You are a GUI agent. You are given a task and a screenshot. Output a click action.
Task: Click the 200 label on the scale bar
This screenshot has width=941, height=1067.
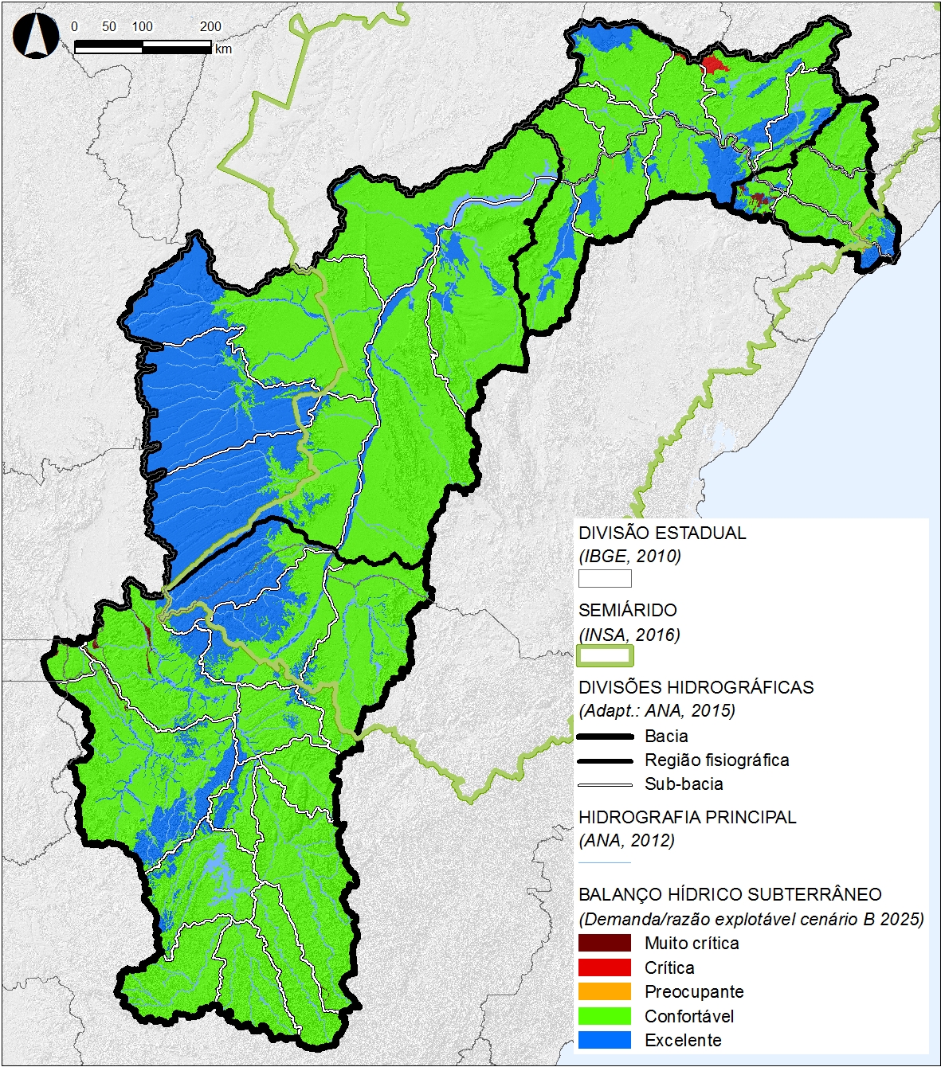[x=210, y=26]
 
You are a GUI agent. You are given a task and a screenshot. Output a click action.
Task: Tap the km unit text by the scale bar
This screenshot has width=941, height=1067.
[x=223, y=49]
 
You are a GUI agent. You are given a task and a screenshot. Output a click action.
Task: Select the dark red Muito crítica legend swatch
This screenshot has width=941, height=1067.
[x=604, y=944]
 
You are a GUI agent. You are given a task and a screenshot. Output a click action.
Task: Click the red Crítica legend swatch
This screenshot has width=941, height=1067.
[x=604, y=967]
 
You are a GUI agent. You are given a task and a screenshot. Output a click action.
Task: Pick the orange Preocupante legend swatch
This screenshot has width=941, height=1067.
[x=604, y=992]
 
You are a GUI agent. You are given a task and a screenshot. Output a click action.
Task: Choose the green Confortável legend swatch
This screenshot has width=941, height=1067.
[x=604, y=1016]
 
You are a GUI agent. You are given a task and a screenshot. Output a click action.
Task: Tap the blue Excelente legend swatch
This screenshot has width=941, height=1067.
[x=604, y=1040]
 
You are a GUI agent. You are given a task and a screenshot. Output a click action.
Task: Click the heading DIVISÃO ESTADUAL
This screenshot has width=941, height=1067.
[x=662, y=533]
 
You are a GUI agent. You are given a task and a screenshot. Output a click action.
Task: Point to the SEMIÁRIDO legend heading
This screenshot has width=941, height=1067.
[x=628, y=611]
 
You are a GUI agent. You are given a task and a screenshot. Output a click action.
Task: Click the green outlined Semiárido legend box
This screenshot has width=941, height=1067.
[x=605, y=656]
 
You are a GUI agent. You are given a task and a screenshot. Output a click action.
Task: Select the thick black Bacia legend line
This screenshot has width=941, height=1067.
[x=605, y=737]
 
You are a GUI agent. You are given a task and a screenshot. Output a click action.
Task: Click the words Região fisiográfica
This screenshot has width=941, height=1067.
[x=716, y=760]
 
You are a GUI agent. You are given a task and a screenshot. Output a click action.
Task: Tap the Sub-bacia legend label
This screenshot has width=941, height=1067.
[x=684, y=784]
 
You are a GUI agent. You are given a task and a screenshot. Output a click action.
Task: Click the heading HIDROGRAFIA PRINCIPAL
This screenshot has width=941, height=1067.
[x=687, y=817]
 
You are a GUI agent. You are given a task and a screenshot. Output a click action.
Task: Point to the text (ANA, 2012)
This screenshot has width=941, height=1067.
[x=626, y=840]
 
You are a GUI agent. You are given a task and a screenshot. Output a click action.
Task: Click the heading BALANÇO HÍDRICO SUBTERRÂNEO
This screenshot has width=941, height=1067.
[x=730, y=894]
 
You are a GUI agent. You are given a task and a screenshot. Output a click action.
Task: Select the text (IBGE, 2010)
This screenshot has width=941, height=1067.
[x=629, y=556]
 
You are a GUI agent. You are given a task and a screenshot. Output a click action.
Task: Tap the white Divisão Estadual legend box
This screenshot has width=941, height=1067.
[x=605, y=578]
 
